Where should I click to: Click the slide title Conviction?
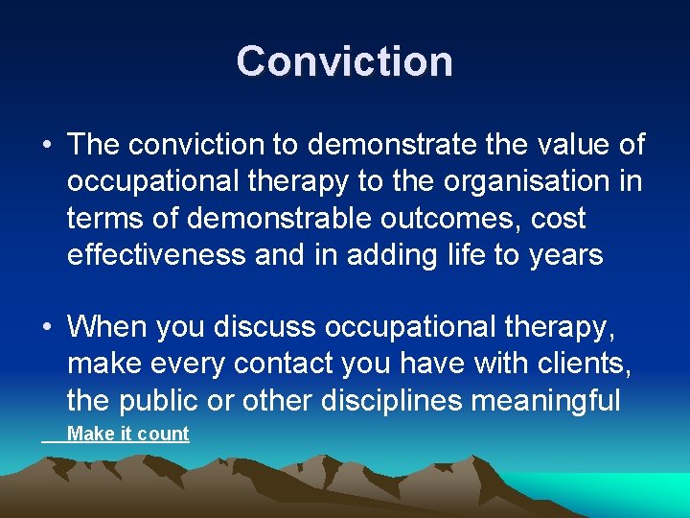pyautogui.click(x=344, y=61)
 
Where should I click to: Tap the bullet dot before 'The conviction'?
pyautogui.click(x=47, y=146)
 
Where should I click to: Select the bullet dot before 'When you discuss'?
pyautogui.click(x=47, y=328)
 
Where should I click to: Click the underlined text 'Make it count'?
pyautogui.click(x=128, y=434)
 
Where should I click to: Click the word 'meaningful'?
pyautogui.click(x=542, y=401)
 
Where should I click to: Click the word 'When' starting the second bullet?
pyautogui.click(x=101, y=328)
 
